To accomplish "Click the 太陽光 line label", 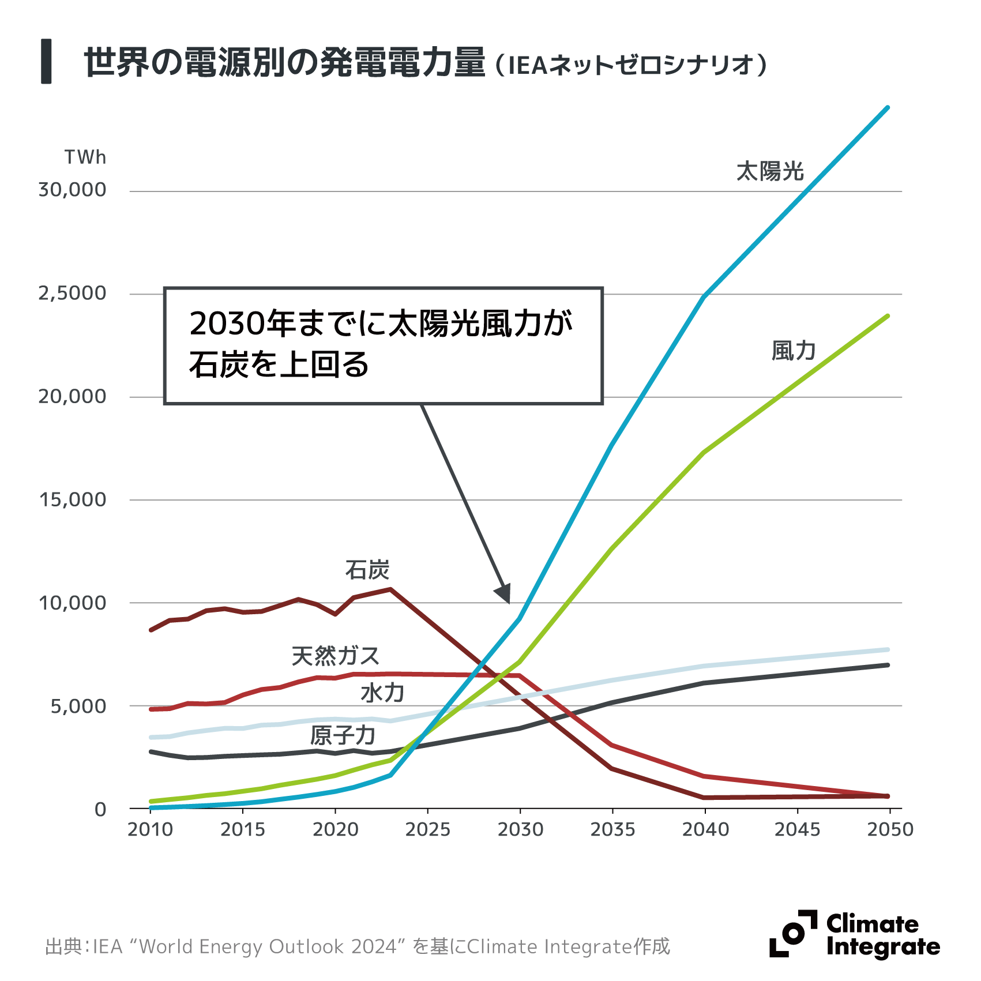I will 770,171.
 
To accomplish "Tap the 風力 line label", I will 794,351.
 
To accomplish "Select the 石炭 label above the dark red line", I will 367,570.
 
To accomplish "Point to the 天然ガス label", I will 335,656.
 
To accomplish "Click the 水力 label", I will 382,693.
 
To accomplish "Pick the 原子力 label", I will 343,735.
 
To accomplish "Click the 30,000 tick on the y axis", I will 72,190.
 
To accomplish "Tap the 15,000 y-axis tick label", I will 73,499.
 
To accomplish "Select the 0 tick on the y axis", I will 100,809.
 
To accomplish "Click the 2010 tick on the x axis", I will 151,829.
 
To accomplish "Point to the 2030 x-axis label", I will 520,829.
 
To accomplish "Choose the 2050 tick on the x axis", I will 890,829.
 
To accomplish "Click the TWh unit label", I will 85,157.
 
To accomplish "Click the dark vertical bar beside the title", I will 46,61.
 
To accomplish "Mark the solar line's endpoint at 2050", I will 888,108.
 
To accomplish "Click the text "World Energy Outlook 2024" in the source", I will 268,946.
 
